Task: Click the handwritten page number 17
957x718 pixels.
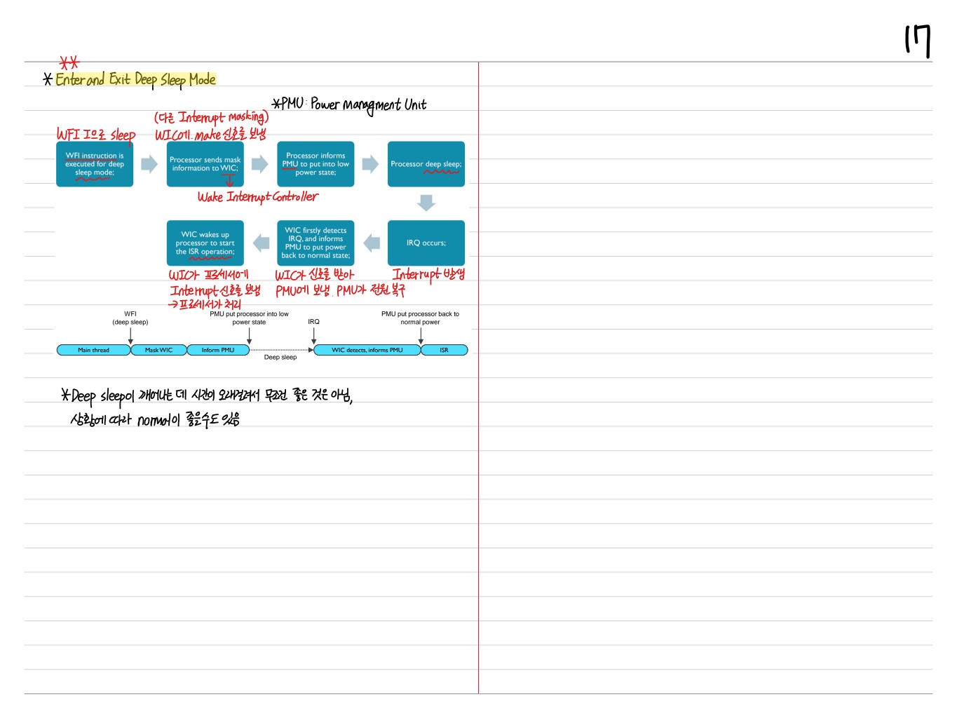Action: pyautogui.click(x=918, y=41)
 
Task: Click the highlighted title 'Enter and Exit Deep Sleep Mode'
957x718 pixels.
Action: pyautogui.click(x=135, y=79)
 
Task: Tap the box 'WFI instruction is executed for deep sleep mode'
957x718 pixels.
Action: pyautogui.click(x=95, y=164)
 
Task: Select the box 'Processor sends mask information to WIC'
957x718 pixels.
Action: pyautogui.click(x=205, y=164)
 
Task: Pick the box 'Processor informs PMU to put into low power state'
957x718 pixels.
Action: pyautogui.click(x=315, y=164)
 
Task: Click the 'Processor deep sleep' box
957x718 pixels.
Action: pyautogui.click(x=426, y=164)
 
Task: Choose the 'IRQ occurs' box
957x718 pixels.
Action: pyautogui.click(x=426, y=243)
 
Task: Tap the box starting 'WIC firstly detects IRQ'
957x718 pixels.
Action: pyautogui.click(x=315, y=243)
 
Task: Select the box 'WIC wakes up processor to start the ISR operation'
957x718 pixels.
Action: pyautogui.click(x=205, y=243)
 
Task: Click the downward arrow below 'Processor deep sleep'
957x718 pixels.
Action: pyautogui.click(x=426, y=203)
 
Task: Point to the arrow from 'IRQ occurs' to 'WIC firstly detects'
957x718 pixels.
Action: pyautogui.click(x=372, y=243)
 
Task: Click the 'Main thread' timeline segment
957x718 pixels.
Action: pyautogui.click(x=93, y=350)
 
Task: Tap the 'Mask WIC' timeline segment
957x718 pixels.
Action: pyautogui.click(x=158, y=350)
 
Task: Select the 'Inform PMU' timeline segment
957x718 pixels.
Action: pyautogui.click(x=218, y=350)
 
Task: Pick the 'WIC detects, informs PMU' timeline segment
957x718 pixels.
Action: pyautogui.click(x=367, y=350)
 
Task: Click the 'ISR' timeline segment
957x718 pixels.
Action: pyautogui.click(x=444, y=350)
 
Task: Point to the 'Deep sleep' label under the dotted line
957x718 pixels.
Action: pyautogui.click(x=280, y=358)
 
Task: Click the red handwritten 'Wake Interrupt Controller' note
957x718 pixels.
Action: pyautogui.click(x=257, y=197)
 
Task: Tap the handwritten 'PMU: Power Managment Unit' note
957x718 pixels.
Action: pyautogui.click(x=349, y=104)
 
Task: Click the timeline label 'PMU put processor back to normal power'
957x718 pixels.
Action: pyautogui.click(x=420, y=318)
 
